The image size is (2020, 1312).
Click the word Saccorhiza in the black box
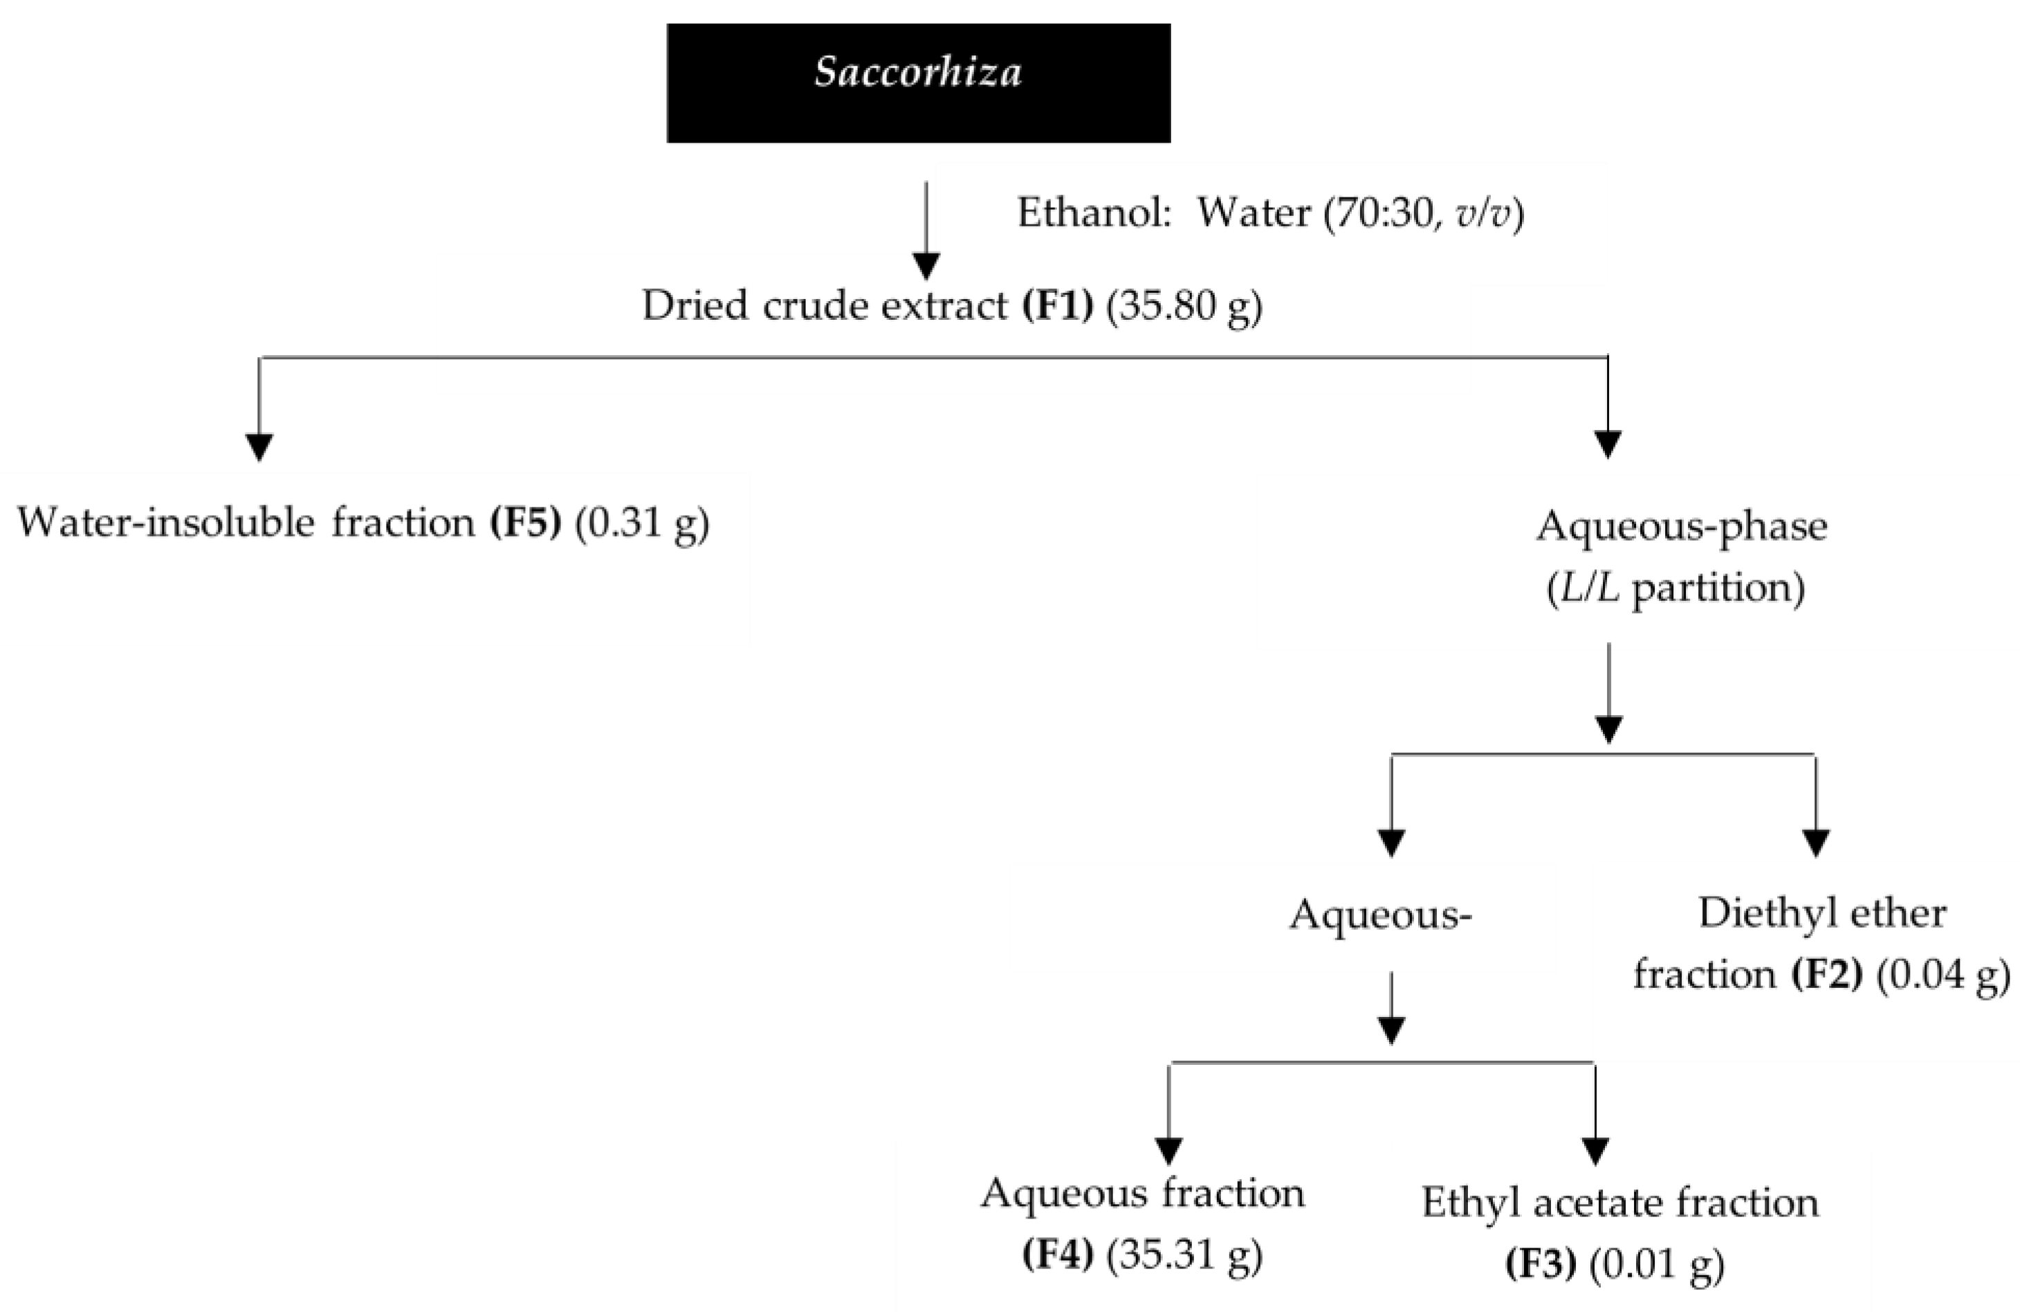click(x=917, y=73)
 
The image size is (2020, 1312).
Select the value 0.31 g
click(x=643, y=522)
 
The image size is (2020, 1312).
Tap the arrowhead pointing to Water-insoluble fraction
click(x=259, y=447)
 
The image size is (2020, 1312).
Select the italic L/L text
click(x=1583, y=588)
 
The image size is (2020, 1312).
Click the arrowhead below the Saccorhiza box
click(x=926, y=266)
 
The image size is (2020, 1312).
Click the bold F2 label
click(x=1826, y=974)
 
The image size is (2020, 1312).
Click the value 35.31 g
click(x=1185, y=1255)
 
